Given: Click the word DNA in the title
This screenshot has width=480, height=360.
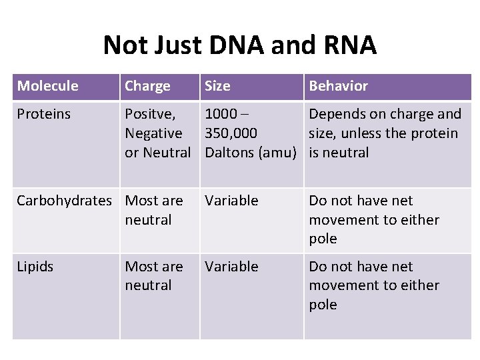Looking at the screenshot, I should (235, 45).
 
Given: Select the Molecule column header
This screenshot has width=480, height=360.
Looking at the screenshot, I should (47, 86).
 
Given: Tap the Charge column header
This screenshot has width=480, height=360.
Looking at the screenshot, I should (147, 86).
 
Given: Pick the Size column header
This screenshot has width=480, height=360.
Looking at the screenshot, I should (217, 86).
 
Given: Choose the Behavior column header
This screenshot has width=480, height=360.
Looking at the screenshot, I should (338, 86).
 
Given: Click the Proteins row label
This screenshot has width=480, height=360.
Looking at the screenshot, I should (43, 114).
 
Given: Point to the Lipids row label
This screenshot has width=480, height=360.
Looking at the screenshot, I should (35, 267).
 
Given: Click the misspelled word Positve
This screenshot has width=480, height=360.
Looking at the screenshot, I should (150, 114).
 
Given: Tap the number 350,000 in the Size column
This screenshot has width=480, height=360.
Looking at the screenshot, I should (231, 133).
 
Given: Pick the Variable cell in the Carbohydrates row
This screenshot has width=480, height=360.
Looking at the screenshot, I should (231, 201).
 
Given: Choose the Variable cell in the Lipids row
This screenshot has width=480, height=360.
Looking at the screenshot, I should (231, 267).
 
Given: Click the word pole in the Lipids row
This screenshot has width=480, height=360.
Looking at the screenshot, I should (323, 305).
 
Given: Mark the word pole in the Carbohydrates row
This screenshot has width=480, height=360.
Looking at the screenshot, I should (323, 239).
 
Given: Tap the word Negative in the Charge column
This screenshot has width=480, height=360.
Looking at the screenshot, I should (153, 133).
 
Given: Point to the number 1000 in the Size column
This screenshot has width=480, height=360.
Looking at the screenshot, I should (221, 114).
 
